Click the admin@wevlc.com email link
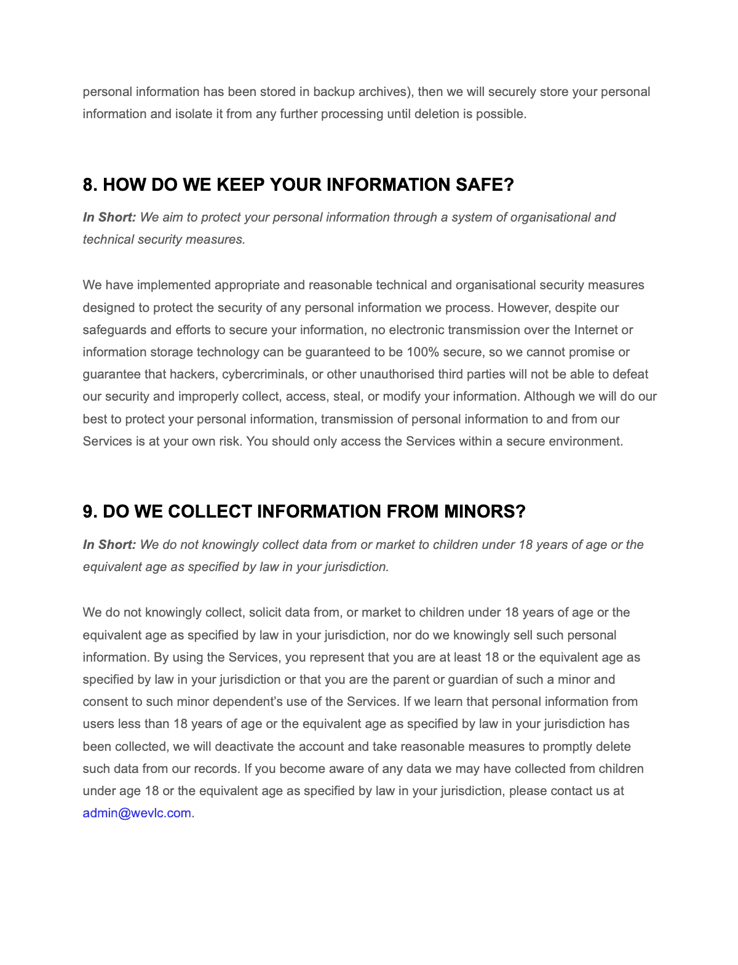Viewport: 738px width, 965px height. (x=137, y=813)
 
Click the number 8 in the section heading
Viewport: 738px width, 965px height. (x=89, y=185)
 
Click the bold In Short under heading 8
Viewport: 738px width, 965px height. (x=109, y=217)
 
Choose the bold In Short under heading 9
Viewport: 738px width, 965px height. (x=109, y=545)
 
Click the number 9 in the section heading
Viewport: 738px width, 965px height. (x=89, y=511)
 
